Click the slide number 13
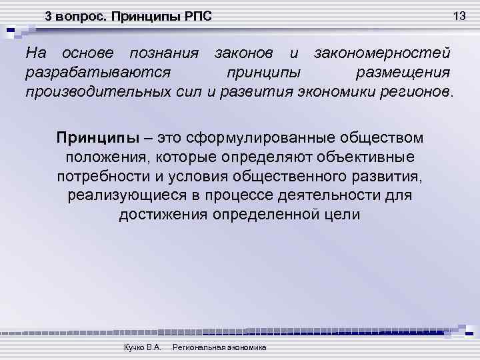click(x=458, y=15)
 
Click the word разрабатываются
click(x=99, y=71)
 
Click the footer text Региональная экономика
click(x=219, y=348)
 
